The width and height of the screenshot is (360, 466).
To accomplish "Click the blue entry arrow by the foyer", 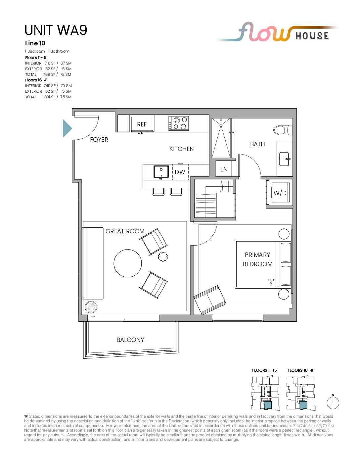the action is point(67,128).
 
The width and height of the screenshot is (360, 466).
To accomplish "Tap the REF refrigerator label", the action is point(142,124).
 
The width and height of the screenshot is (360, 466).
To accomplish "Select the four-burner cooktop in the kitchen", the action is point(179,123).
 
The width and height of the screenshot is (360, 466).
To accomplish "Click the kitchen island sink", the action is point(161,171).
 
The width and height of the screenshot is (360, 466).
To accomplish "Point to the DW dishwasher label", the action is point(180,172).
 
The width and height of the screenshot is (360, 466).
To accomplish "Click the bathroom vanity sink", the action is point(285,159).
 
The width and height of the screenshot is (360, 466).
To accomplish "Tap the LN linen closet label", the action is point(224,169).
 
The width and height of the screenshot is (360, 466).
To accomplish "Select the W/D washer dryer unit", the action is point(280,193).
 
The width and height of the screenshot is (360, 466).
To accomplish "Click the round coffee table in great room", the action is point(128,263).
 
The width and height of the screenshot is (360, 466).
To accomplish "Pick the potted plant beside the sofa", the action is point(91,307).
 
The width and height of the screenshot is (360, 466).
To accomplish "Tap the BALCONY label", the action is point(130,340).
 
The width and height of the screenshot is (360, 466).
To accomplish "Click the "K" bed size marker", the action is point(271,282).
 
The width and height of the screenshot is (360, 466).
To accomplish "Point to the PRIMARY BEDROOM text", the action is point(257,259).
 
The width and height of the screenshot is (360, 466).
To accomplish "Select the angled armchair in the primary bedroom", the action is point(210,300).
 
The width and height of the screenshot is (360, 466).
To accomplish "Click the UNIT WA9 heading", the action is point(56,30).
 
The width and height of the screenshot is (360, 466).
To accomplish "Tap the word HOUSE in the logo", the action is point(312,36).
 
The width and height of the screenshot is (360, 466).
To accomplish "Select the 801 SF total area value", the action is point(50,97).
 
